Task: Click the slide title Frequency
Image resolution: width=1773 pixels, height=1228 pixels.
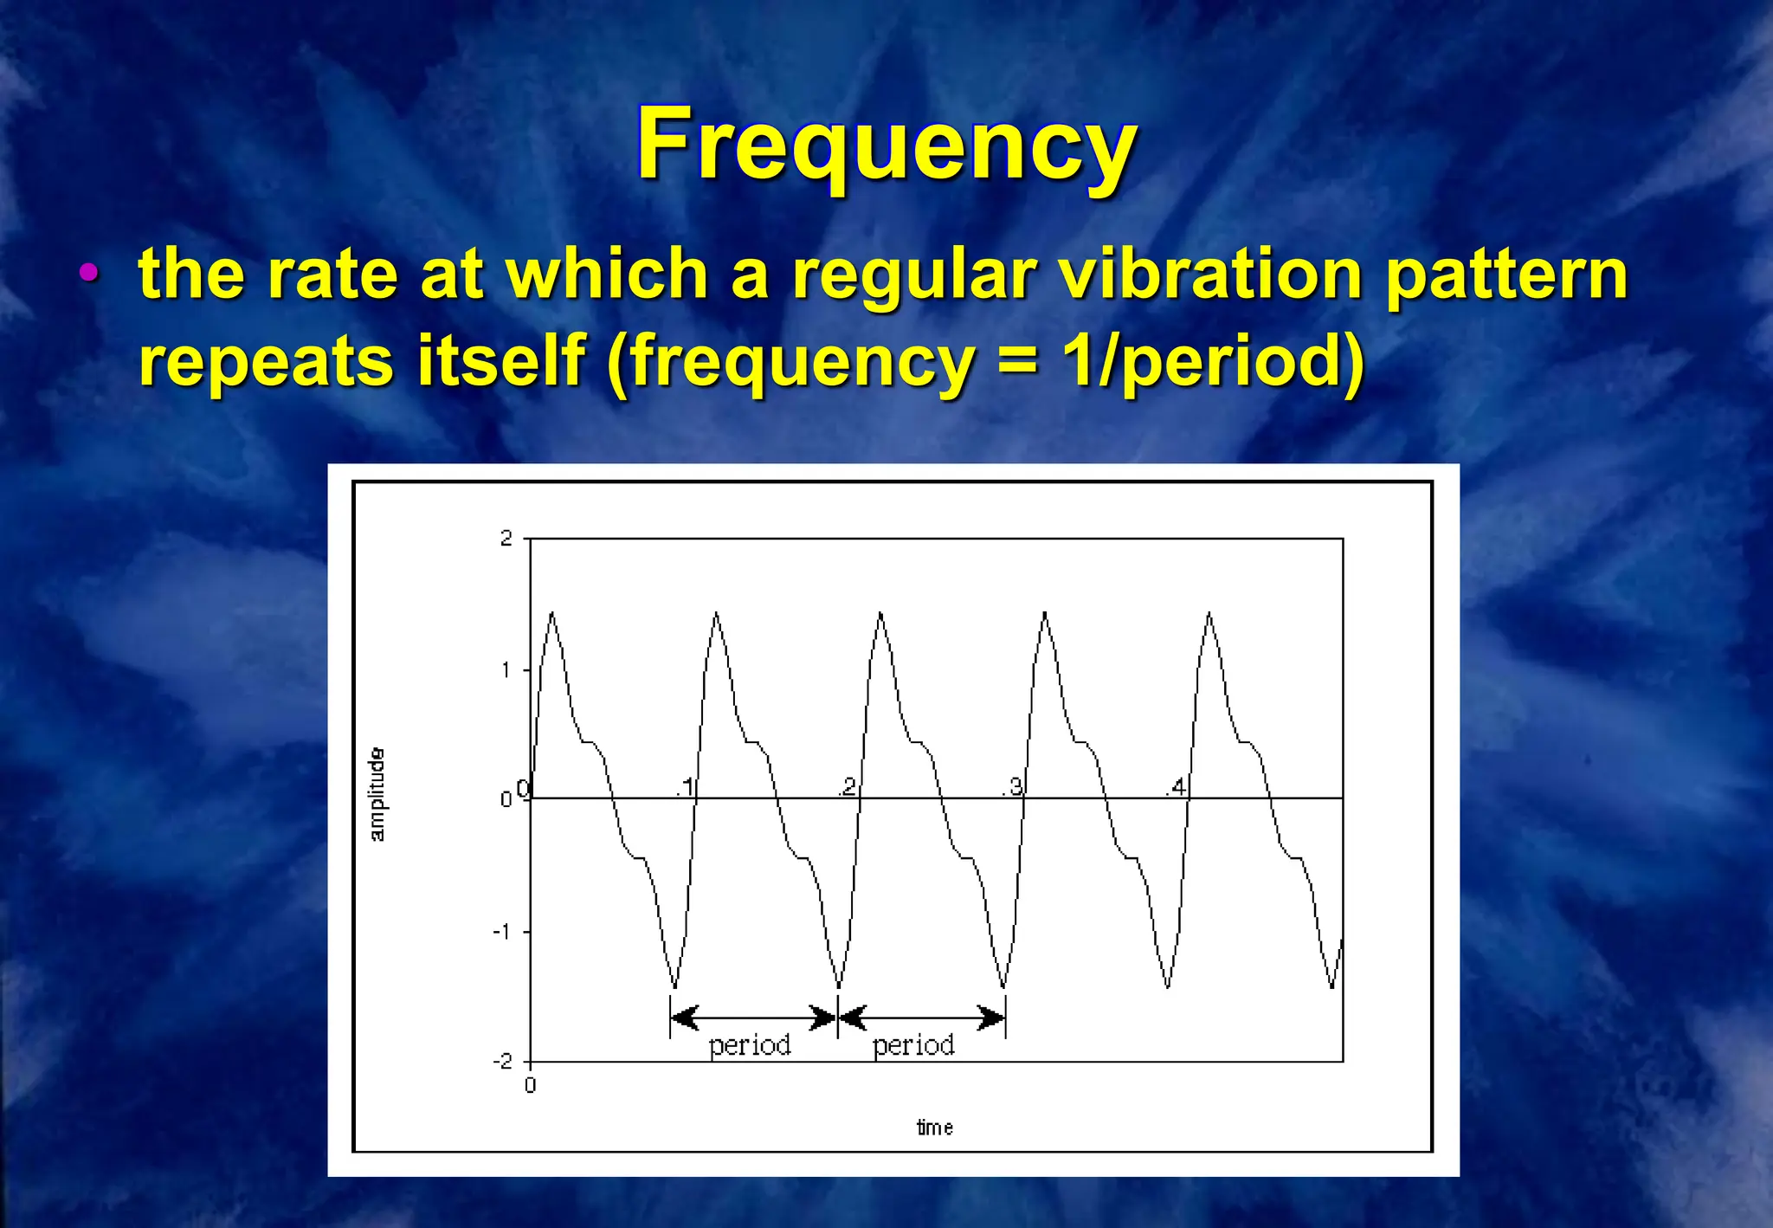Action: click(886, 145)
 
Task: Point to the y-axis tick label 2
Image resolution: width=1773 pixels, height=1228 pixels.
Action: click(506, 539)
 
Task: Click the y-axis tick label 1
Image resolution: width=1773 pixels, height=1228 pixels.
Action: click(506, 669)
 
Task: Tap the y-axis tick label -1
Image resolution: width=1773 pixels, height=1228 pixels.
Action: click(502, 932)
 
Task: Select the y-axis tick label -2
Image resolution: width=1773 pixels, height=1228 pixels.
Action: click(502, 1062)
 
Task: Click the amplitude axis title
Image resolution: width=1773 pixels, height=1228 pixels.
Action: click(377, 795)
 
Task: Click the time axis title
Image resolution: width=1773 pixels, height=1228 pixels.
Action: click(935, 1128)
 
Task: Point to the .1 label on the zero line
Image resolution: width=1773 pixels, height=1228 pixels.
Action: click(685, 787)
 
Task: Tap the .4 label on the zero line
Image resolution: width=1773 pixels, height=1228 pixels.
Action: click(1176, 787)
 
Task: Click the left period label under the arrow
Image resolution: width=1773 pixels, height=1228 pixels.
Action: click(750, 1045)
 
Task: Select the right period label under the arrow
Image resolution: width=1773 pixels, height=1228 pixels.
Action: click(913, 1045)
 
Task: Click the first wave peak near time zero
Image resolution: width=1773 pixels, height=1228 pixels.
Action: click(552, 613)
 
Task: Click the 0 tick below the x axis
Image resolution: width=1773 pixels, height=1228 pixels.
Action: click(531, 1085)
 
